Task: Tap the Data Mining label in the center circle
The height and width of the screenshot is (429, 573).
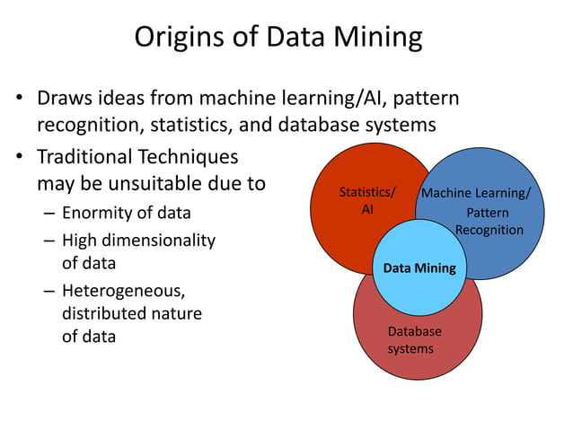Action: pyautogui.click(x=419, y=267)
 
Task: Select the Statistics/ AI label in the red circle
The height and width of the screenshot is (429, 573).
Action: pyautogui.click(x=366, y=200)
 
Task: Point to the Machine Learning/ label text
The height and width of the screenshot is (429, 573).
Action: pyautogui.click(x=476, y=193)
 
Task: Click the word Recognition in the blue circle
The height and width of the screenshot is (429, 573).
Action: pyautogui.click(x=489, y=230)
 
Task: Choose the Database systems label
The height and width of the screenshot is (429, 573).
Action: pyautogui.click(x=414, y=339)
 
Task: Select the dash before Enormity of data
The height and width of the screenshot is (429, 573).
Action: pyautogui.click(x=47, y=214)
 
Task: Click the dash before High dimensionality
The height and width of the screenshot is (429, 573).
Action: pyautogui.click(x=47, y=241)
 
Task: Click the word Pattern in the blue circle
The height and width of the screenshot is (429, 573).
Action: pyautogui.click(x=489, y=213)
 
